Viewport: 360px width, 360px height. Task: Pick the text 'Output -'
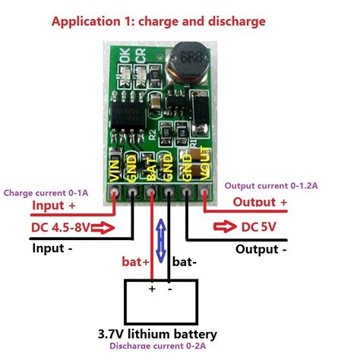(261, 249)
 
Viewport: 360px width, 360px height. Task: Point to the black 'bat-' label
(187, 262)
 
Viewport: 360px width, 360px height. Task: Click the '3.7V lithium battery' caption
(157, 334)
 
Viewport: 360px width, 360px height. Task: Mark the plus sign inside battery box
(152, 289)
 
